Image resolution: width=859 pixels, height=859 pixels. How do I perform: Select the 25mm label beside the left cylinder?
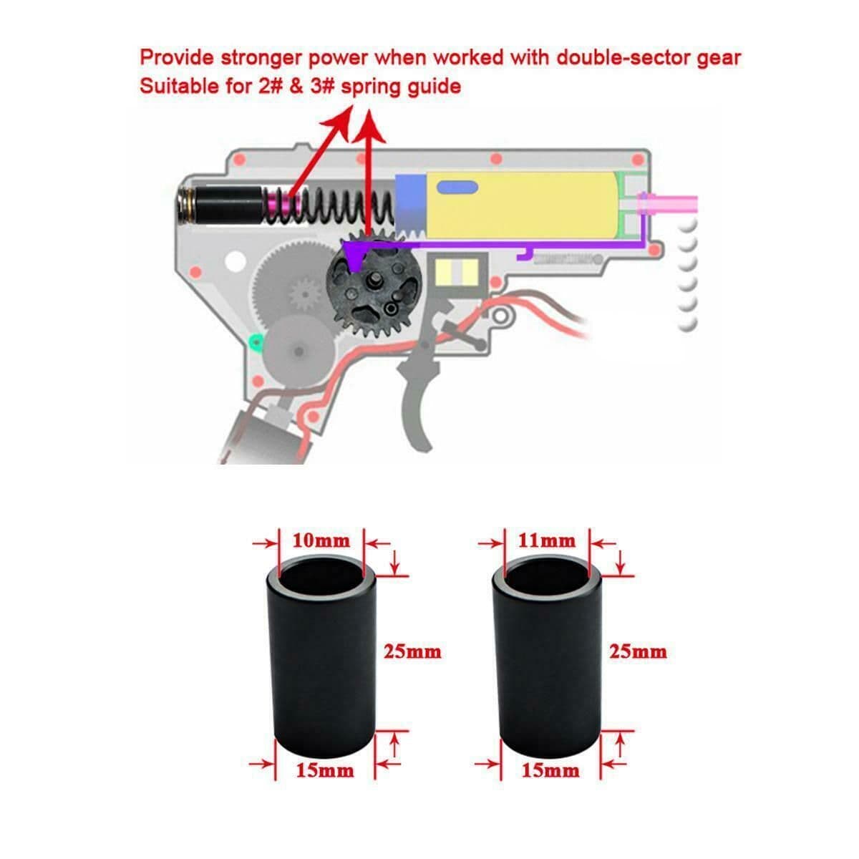412,652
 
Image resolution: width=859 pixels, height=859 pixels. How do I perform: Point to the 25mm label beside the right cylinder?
637,652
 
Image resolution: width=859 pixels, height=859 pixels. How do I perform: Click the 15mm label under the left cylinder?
325,771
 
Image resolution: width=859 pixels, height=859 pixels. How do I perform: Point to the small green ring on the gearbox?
253,341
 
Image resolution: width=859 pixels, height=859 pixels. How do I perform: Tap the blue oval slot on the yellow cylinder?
457,188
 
